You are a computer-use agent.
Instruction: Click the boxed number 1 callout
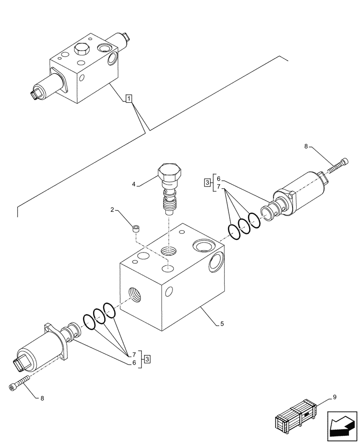pyautogui.click(x=128, y=98)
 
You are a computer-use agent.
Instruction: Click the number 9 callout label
pyautogui.click(x=334, y=397)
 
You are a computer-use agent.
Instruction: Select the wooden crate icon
pyautogui.click(x=297, y=416)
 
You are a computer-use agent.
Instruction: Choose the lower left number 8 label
pyautogui.click(x=42, y=398)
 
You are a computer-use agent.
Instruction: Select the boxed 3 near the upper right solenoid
pyautogui.click(x=207, y=182)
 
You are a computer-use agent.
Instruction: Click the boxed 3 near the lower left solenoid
pyautogui.click(x=147, y=358)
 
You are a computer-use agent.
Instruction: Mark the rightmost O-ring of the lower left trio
pyautogui.click(x=109, y=310)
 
